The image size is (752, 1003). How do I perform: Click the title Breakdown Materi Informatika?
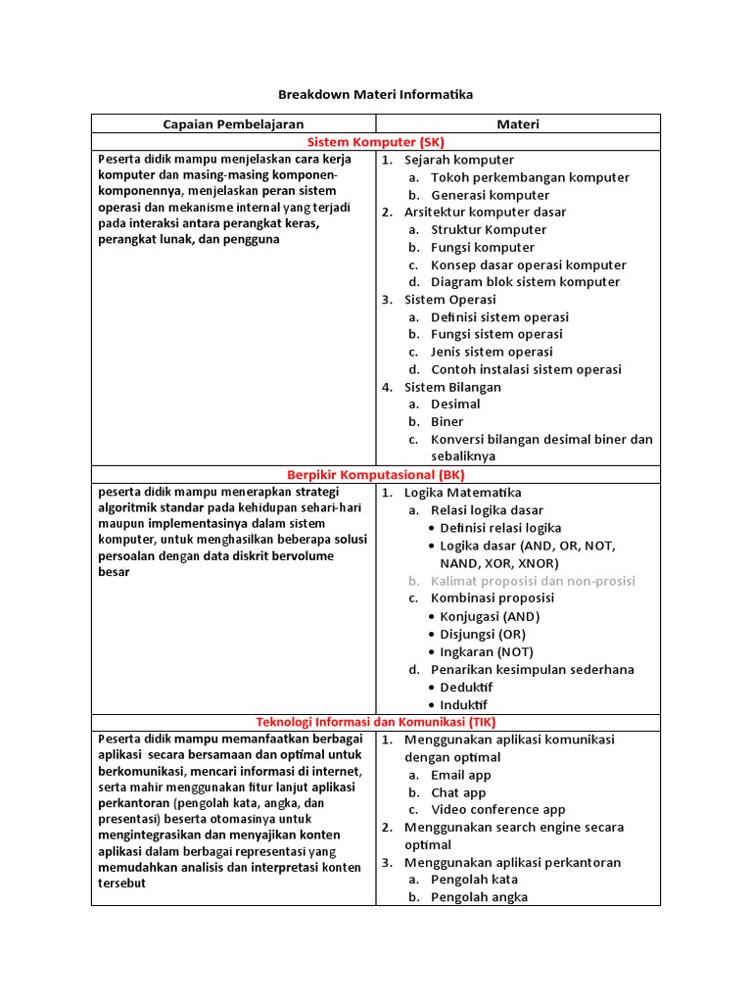tap(375, 95)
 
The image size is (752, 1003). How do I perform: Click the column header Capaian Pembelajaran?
tap(233, 124)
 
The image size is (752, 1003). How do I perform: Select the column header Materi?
tap(518, 124)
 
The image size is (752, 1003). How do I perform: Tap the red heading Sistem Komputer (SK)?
tap(375, 142)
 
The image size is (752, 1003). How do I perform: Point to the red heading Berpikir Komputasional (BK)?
tap(375, 475)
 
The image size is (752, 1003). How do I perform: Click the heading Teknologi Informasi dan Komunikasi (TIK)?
tap(375, 722)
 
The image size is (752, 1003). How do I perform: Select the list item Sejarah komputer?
tap(458, 160)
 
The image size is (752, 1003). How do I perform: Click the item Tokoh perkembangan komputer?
tap(530, 177)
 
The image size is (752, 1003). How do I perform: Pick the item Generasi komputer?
tap(490, 195)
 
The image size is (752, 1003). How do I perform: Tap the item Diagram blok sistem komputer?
tap(525, 282)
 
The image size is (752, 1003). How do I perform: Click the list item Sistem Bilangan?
tap(452, 387)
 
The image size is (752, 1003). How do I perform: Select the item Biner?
tap(447, 422)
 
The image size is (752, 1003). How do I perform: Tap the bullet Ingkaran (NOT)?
tap(487, 651)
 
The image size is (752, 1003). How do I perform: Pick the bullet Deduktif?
tap(466, 688)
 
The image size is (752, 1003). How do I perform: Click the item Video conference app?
tap(498, 810)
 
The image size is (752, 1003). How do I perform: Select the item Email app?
tap(461, 775)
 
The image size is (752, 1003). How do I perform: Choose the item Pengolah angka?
tap(479, 897)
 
